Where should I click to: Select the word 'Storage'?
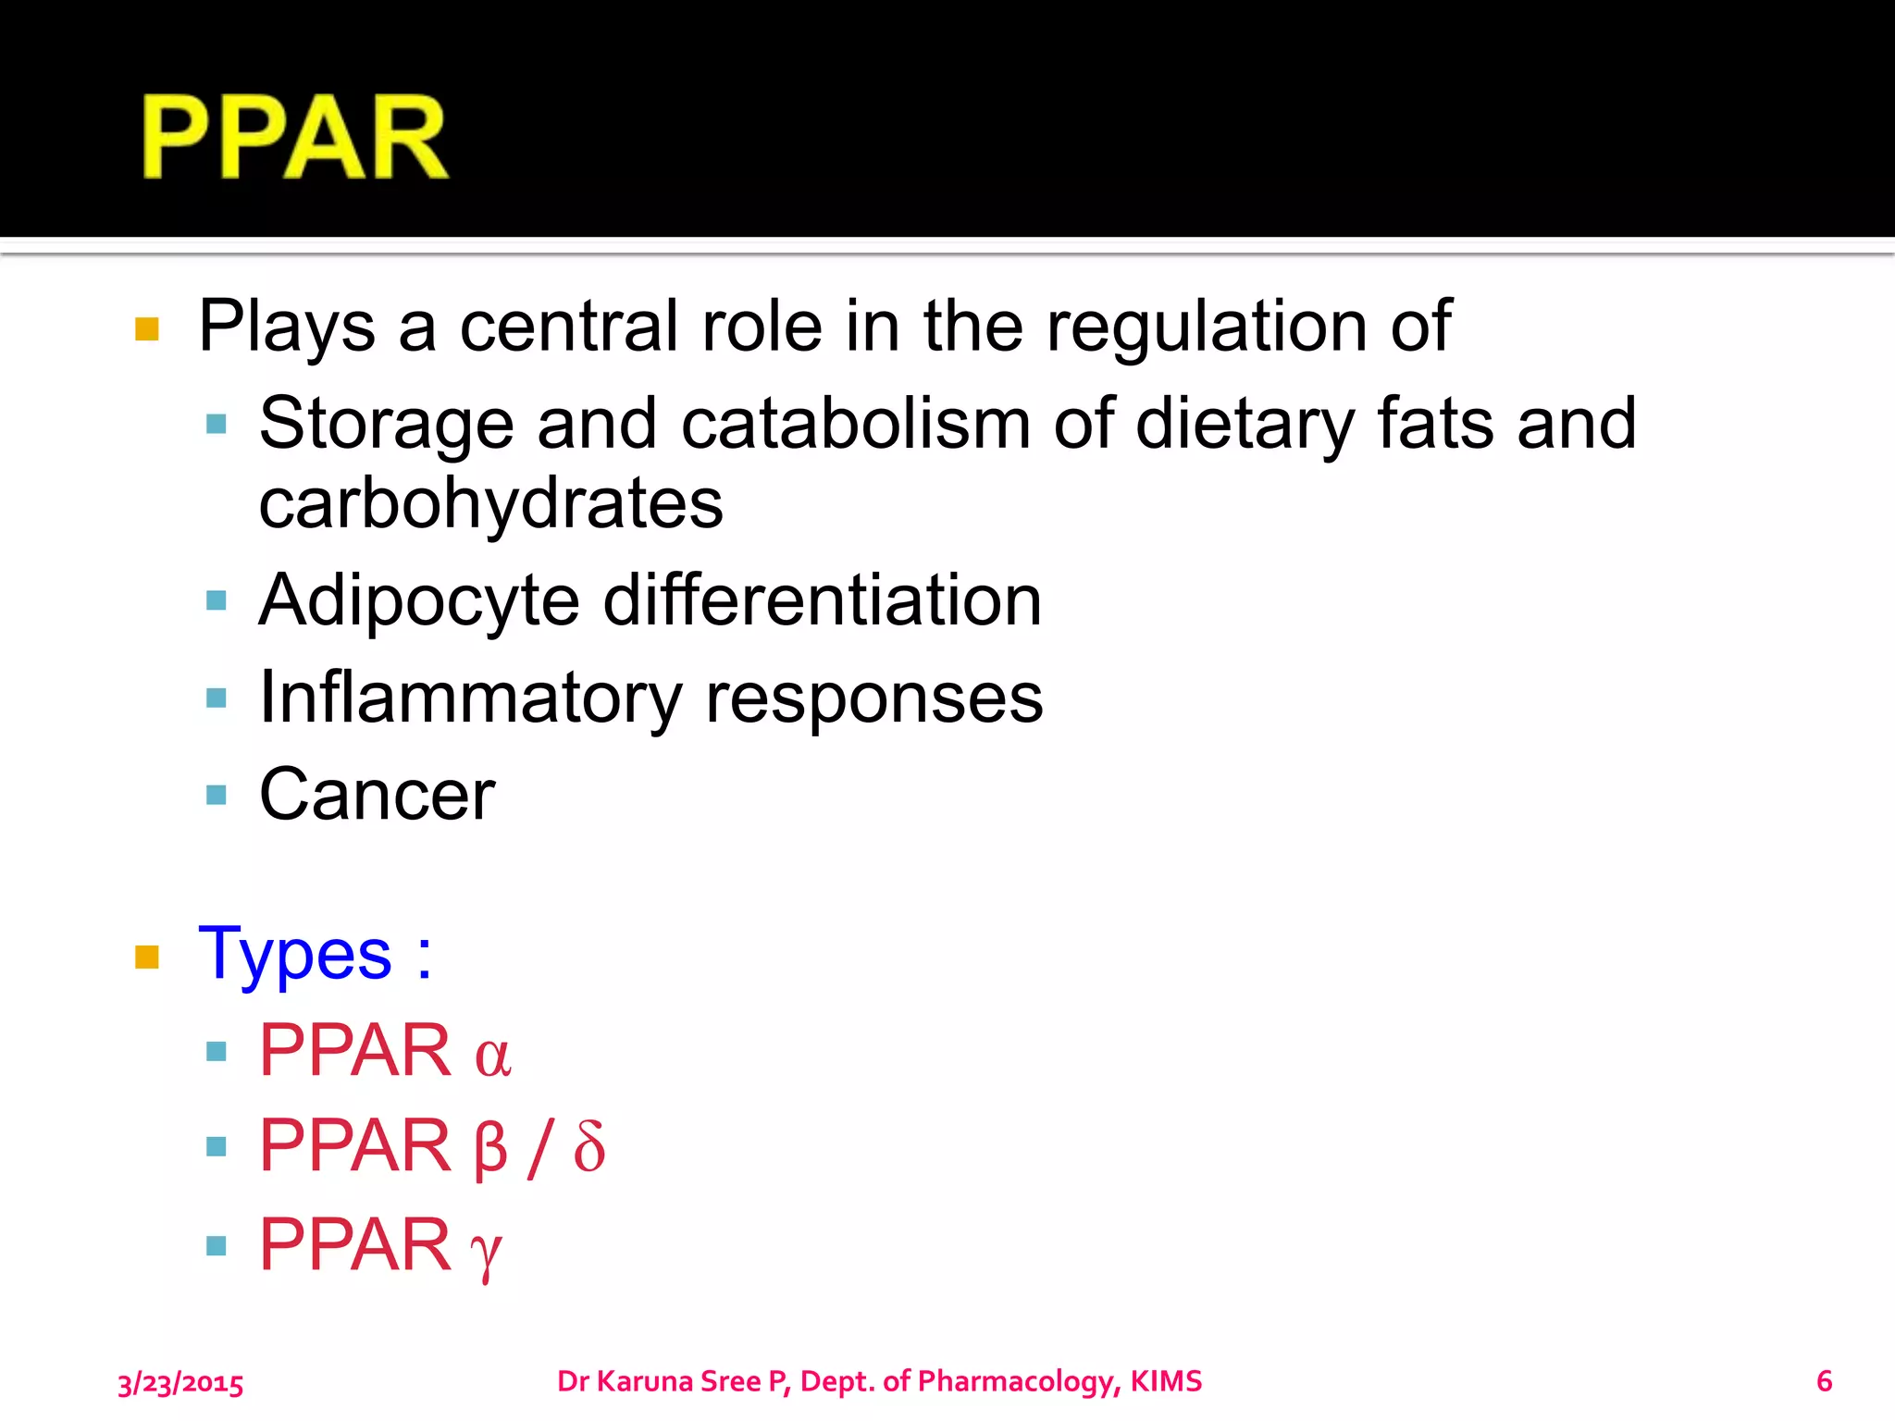click(386, 425)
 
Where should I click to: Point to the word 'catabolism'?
click(855, 424)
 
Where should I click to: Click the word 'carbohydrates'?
click(490, 505)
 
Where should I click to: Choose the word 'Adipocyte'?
click(419, 601)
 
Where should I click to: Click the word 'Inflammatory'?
click(470, 698)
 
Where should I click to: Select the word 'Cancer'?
click(377, 795)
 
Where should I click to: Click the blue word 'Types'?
click(295, 955)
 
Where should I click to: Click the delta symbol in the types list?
click(589, 1147)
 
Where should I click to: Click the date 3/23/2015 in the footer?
click(180, 1383)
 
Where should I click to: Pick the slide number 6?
click(1824, 1381)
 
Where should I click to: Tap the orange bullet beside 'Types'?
click(147, 957)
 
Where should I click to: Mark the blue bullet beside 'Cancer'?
click(217, 796)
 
